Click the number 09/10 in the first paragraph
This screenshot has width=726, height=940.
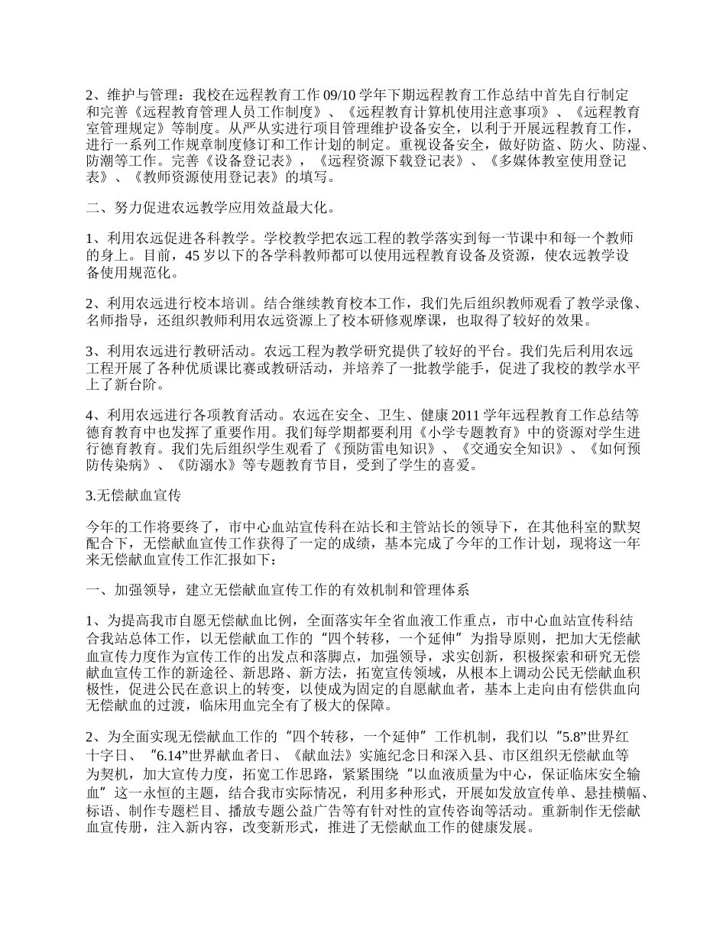tap(342, 96)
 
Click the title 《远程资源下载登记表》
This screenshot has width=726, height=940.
tap(391, 160)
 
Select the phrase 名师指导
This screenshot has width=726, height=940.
tap(115, 320)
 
